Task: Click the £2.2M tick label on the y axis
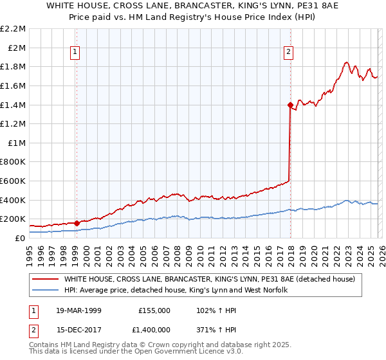13,29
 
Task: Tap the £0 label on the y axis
19,238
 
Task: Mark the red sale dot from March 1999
77,223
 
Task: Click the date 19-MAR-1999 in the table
78,310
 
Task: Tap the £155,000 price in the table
154,310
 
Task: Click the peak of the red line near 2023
346,62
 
